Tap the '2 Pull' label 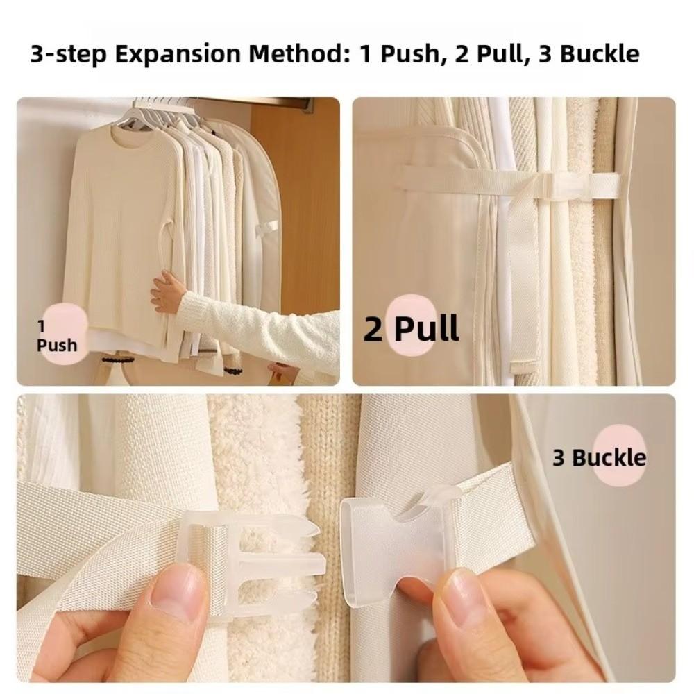point(411,328)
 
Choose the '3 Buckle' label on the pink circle point(599,457)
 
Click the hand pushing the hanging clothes point(169,290)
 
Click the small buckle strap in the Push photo point(266,227)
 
